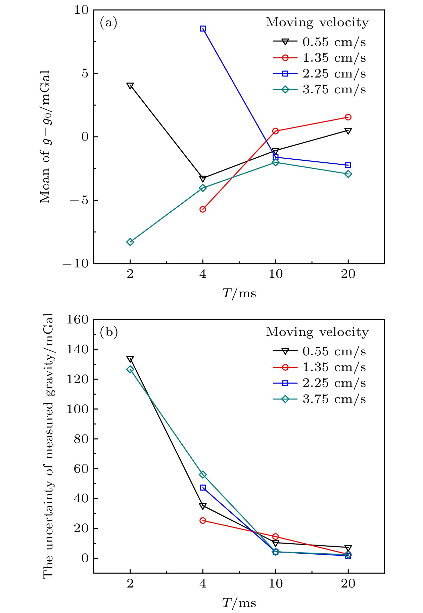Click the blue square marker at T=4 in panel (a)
(x=203, y=29)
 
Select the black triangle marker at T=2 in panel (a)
(x=130, y=86)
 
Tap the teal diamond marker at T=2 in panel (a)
(x=130, y=242)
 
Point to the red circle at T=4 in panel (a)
(x=203, y=209)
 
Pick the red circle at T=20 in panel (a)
(x=348, y=117)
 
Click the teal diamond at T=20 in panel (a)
(x=348, y=174)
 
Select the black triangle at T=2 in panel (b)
(x=130, y=359)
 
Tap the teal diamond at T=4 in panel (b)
(x=203, y=475)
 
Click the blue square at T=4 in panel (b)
(x=203, y=488)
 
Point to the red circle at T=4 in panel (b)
(x=203, y=520)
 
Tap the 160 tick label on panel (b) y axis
(x=77, y=319)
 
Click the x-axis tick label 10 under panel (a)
(x=275, y=274)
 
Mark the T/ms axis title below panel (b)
(x=239, y=603)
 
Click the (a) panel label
(x=109, y=23)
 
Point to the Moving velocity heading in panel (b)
(x=317, y=332)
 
